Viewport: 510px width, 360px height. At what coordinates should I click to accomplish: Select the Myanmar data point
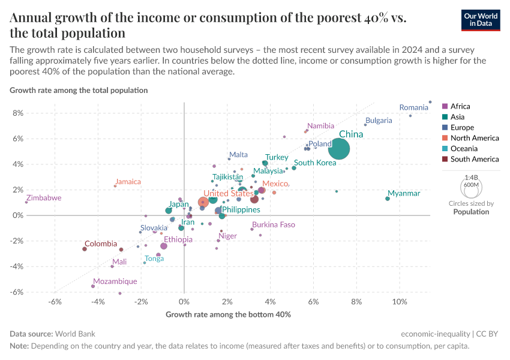388,199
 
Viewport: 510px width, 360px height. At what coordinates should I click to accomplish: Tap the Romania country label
414,108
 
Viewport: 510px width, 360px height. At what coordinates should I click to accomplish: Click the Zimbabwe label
44,198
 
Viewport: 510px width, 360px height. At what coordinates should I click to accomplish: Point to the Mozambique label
115,281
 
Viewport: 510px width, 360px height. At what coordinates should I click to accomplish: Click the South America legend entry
474,159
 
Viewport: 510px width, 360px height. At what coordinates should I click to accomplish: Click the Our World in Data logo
481,19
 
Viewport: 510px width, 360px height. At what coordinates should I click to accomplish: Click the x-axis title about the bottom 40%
228,314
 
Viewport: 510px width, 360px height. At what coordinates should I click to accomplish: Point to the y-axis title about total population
79,90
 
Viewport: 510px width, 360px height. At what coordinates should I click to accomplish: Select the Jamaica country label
128,182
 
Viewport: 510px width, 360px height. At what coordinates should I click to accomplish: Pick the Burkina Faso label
274,225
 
